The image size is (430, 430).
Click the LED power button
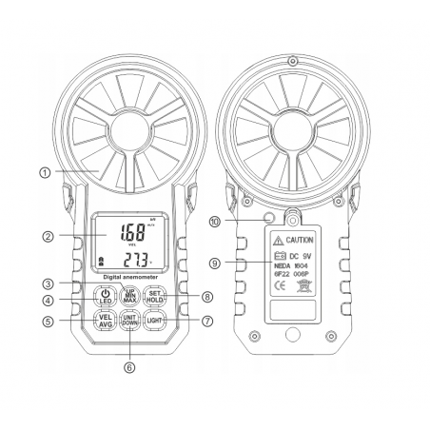pyautogui.click(x=105, y=296)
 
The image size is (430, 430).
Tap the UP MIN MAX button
pyautogui.click(x=130, y=295)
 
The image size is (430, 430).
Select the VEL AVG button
pyautogui.click(x=105, y=321)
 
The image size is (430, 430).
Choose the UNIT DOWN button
pyautogui.click(x=130, y=321)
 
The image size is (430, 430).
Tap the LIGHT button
pyautogui.click(x=156, y=321)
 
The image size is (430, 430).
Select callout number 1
pyautogui.click(x=44, y=172)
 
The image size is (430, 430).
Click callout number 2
pyautogui.click(x=47, y=235)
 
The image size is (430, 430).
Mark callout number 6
pyautogui.click(x=130, y=363)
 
